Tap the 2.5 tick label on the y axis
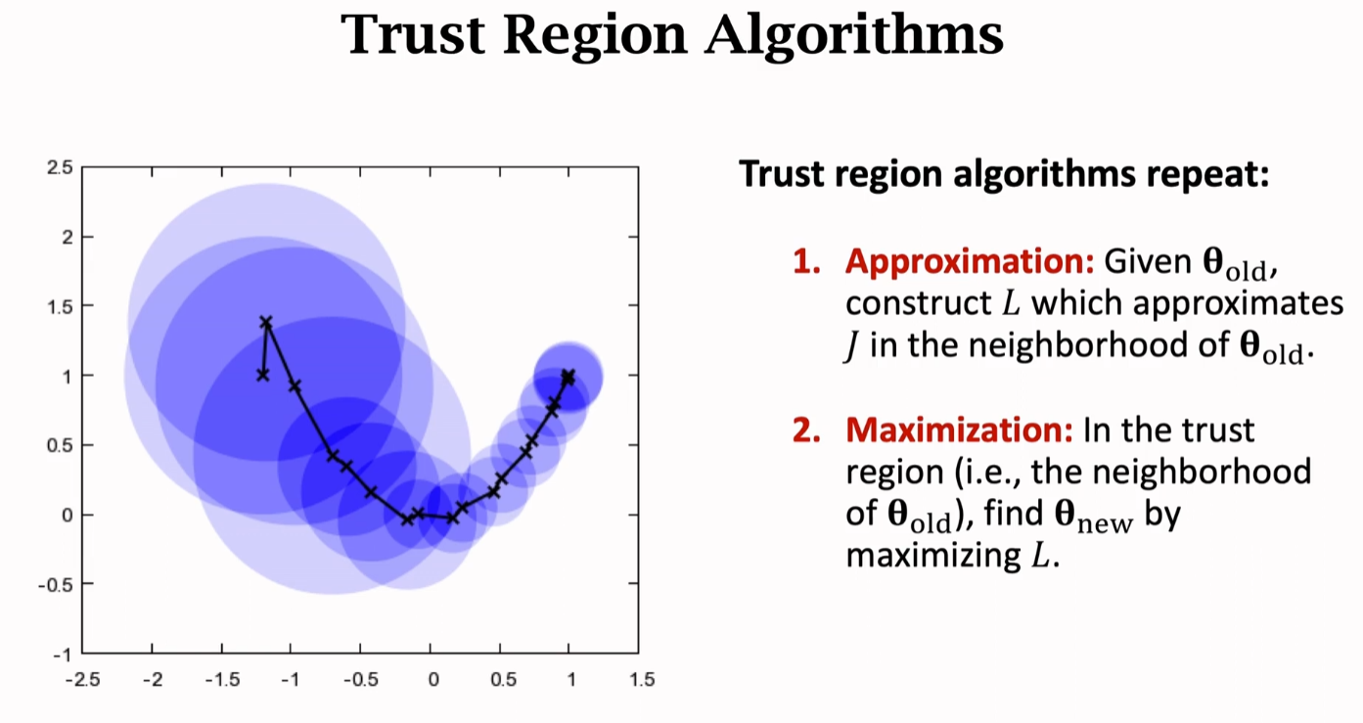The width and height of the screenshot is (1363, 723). pyautogui.click(x=60, y=167)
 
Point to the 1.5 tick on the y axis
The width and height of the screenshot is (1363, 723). pyautogui.click(x=60, y=306)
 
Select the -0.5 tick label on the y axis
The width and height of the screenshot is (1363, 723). pyautogui.click(x=57, y=584)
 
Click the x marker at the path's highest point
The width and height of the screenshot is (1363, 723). pyautogui.click(x=266, y=321)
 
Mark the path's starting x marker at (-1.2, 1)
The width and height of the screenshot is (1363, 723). pyautogui.click(x=262, y=375)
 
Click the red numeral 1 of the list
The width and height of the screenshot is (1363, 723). pyautogui.click(x=804, y=262)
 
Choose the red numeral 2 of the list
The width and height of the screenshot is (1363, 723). pyautogui.click(x=804, y=429)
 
